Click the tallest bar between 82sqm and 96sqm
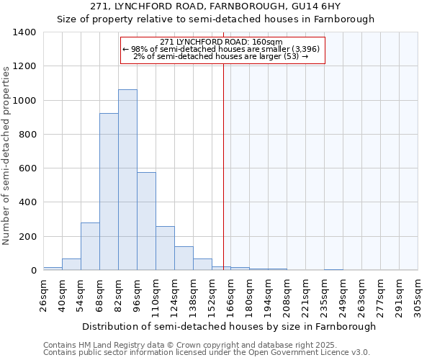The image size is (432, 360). click(127, 180)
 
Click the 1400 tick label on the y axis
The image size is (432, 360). click(24, 32)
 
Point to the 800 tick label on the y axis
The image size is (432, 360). click(27, 135)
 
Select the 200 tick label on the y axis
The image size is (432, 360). click(27, 237)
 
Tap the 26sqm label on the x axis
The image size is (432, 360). click(43, 294)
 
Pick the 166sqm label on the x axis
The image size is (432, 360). click(230, 294)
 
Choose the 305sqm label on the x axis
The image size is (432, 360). click(418, 294)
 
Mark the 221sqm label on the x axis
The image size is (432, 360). click(305, 294)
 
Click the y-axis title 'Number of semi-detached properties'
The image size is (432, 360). click(7, 155)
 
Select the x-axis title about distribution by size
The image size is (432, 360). click(229, 326)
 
